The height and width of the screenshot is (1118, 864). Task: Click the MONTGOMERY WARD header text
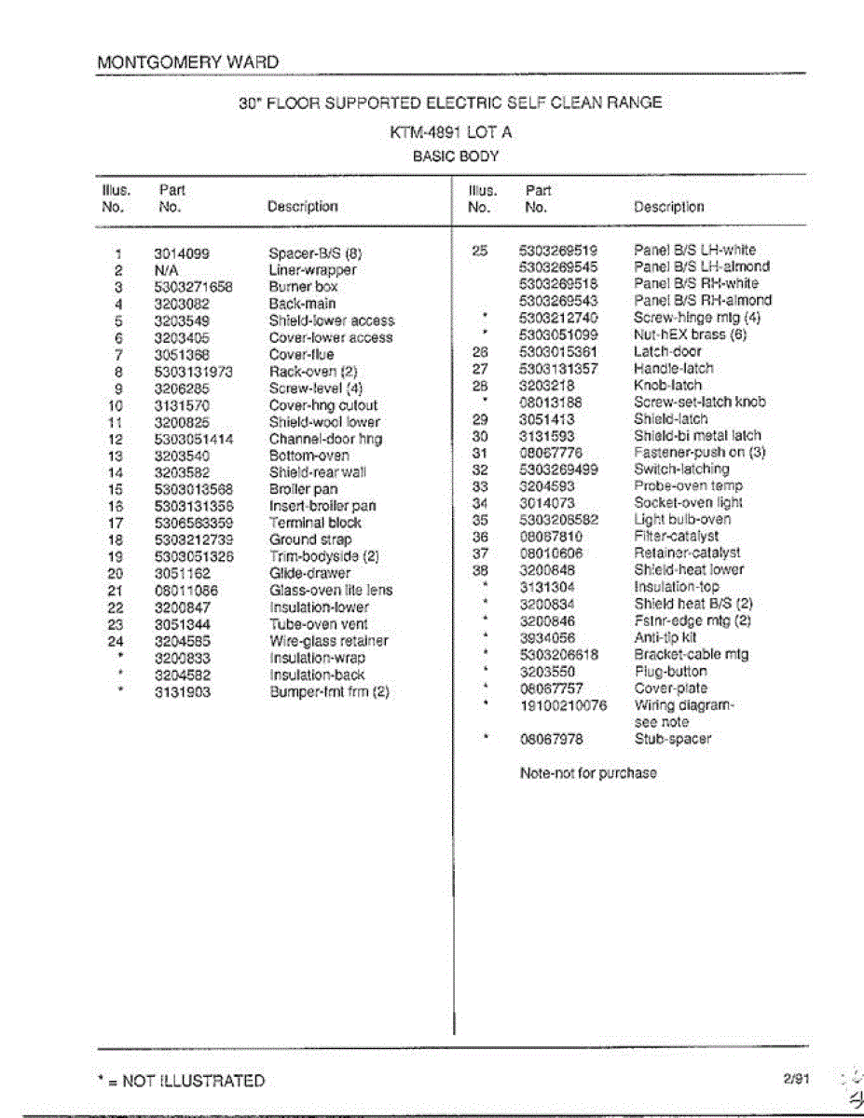[187, 62]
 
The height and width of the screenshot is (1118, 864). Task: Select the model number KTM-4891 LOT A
[450, 132]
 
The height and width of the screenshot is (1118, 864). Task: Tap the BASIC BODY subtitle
[456, 157]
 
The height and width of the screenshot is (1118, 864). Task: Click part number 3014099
[182, 253]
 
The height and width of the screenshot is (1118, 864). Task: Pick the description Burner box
[303, 287]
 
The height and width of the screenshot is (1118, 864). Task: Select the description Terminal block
[315, 523]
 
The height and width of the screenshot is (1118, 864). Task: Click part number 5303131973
[194, 372]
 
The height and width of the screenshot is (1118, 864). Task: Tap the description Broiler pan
[303, 489]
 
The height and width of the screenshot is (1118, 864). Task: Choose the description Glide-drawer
[310, 573]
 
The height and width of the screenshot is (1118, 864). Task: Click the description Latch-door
[667, 351]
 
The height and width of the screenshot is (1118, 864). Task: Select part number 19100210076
[563, 705]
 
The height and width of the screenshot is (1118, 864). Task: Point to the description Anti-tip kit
[665, 638]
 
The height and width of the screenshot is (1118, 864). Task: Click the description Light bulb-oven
[682, 519]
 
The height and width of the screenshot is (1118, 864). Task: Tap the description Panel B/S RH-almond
[703, 300]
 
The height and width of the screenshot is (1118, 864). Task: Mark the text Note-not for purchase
[587, 772]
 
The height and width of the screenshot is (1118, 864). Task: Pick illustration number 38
[480, 569]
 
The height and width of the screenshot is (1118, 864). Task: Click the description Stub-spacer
[672, 739]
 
